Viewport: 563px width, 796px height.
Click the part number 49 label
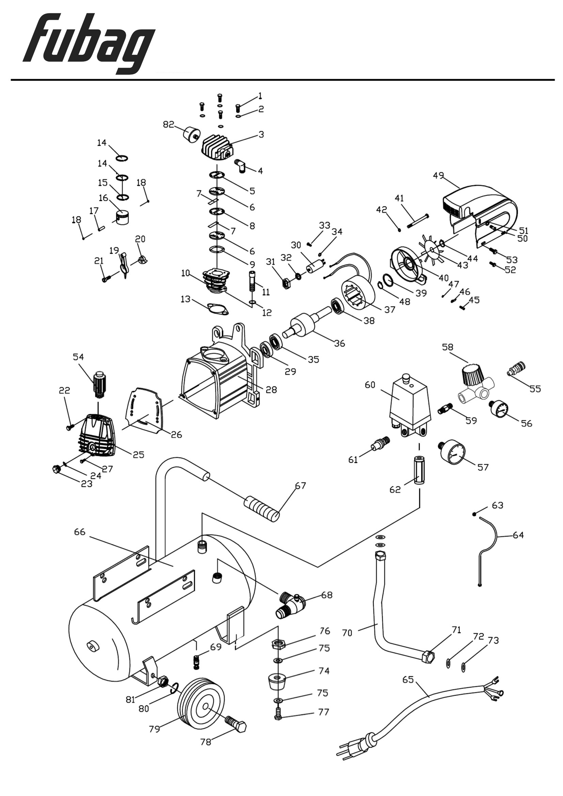pos(438,175)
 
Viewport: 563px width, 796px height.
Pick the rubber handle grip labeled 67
pos(262,508)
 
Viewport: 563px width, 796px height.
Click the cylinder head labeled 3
pos(218,147)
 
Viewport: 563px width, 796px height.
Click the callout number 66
pos(79,532)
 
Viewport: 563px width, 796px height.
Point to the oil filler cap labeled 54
pos(99,384)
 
